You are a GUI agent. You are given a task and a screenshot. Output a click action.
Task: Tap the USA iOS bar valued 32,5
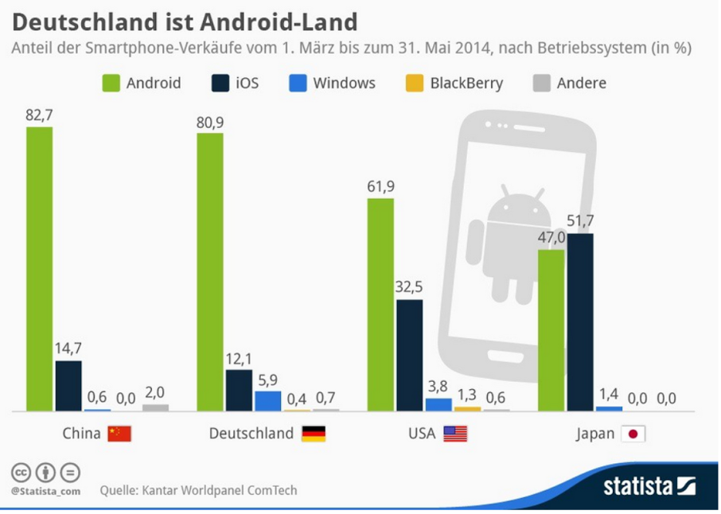[x=408, y=355]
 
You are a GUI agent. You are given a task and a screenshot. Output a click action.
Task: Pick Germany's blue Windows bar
[x=267, y=400]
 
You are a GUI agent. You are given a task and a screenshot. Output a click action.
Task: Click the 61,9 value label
[x=380, y=186]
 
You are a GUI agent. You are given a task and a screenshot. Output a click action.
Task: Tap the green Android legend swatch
[x=111, y=83]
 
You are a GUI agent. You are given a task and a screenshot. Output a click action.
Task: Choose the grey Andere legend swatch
[x=541, y=83]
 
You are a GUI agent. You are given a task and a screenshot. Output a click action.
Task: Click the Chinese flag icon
[x=119, y=434]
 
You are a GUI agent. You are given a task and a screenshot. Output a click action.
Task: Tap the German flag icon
[x=314, y=434]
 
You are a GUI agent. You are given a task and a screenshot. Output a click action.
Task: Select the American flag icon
[x=455, y=434]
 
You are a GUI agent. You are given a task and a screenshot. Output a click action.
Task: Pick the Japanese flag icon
[x=634, y=434]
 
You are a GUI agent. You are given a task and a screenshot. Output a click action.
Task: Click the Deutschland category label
[x=250, y=434]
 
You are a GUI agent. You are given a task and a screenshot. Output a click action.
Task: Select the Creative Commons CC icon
[x=21, y=473]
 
